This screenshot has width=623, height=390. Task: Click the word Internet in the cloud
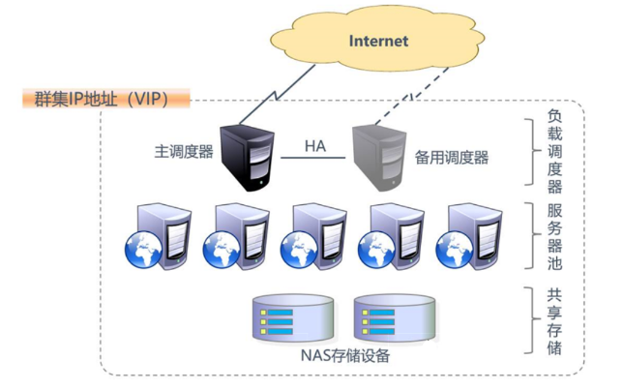coord(378,41)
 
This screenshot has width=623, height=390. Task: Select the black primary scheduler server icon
coord(247,154)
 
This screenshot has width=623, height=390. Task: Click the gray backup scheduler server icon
coord(379,154)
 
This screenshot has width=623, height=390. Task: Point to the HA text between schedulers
coord(315,146)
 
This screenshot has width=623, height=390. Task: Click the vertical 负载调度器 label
coord(554,151)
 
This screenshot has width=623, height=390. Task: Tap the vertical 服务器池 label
coord(554,236)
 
